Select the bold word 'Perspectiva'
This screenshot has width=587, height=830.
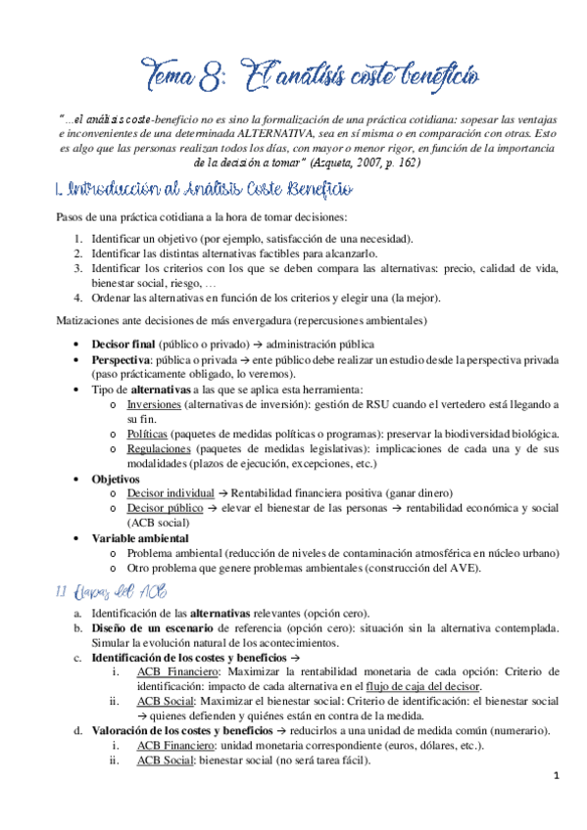click(124, 359)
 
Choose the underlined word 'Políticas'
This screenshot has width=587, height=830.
click(147, 433)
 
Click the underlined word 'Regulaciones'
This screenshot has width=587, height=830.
click(159, 446)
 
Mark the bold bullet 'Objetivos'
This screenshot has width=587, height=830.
click(117, 479)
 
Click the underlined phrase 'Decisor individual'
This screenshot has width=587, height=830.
click(171, 492)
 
